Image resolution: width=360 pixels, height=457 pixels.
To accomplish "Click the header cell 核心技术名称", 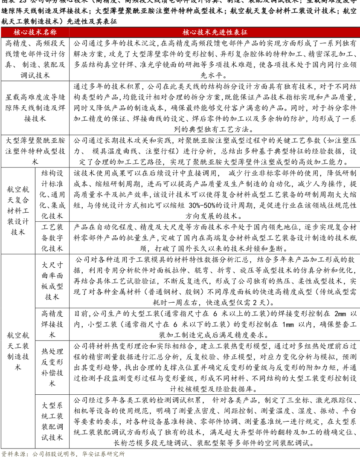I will [x=35, y=32].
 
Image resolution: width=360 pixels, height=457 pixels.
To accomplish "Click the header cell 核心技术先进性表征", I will [x=215, y=32].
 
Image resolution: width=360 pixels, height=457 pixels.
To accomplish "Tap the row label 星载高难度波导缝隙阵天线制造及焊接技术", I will [x=35, y=108].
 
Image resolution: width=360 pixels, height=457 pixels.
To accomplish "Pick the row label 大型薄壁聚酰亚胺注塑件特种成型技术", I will [x=35, y=151].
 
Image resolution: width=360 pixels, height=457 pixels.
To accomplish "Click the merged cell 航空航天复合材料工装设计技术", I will [x=18, y=210].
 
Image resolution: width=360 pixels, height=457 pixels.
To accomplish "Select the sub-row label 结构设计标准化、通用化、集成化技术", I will [x=52, y=194].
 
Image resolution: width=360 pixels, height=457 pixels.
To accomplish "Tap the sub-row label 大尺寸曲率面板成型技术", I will [x=52, y=281].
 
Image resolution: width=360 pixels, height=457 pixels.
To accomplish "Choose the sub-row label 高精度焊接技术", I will [x=52, y=324].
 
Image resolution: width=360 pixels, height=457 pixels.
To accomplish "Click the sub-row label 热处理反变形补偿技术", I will [x=52, y=367].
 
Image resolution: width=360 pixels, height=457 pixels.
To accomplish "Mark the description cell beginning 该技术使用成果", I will [x=215, y=194].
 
